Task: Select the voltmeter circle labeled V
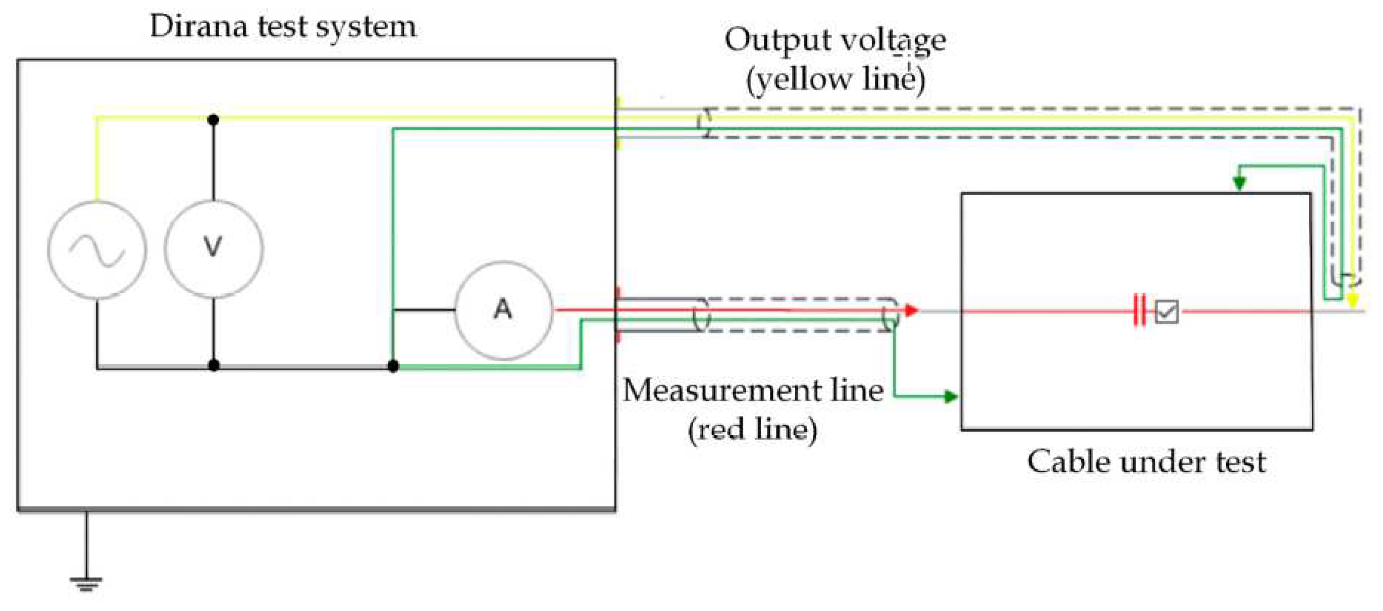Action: [x=214, y=249]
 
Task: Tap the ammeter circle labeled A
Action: [x=503, y=310]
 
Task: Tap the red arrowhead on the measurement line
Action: [x=911, y=310]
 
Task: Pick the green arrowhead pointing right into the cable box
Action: [x=950, y=397]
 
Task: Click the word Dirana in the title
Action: [x=198, y=26]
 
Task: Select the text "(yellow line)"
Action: [x=835, y=80]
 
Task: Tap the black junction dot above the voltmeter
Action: [x=213, y=120]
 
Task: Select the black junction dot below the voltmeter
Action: [x=214, y=366]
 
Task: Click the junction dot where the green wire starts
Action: [x=393, y=366]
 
